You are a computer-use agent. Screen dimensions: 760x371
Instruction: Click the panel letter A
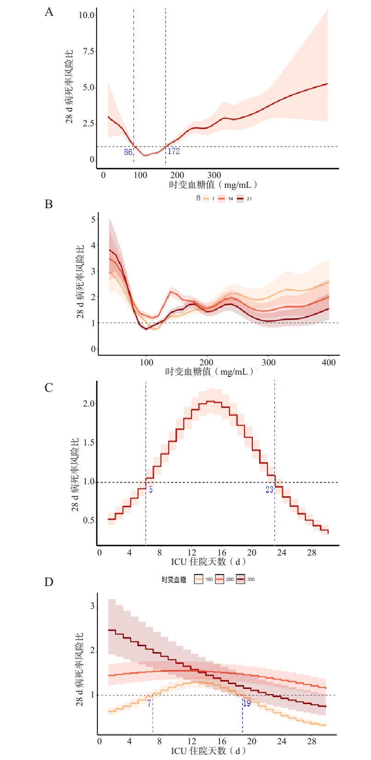(x=49, y=12)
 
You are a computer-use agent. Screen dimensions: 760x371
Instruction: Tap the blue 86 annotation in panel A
(x=128, y=151)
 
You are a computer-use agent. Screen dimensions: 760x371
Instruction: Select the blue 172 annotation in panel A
(x=173, y=151)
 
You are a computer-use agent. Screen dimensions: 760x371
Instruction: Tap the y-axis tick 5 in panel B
(x=92, y=219)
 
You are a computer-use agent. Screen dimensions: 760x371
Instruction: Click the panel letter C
(x=49, y=388)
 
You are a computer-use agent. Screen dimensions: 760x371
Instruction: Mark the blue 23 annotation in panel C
(x=270, y=489)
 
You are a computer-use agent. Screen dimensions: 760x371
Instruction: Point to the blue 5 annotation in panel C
(x=151, y=489)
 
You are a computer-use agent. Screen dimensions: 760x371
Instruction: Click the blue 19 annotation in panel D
(x=247, y=703)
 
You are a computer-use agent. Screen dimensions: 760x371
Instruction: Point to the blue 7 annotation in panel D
(x=149, y=703)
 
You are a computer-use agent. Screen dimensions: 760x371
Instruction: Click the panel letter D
(x=49, y=582)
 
